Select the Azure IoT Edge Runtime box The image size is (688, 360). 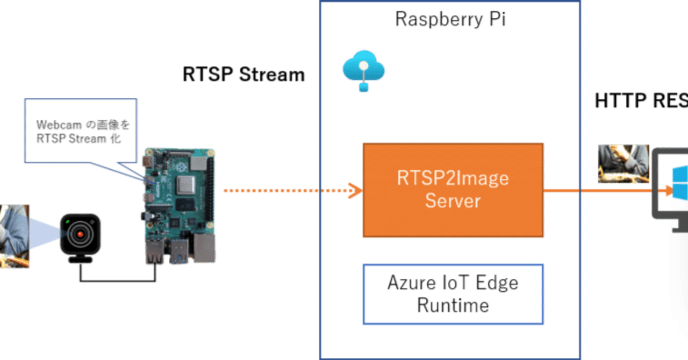click(453, 294)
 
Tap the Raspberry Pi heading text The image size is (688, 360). click(450, 19)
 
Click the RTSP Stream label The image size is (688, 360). click(244, 75)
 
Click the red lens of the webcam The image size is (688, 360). click(80, 234)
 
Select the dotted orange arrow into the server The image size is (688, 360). click(290, 190)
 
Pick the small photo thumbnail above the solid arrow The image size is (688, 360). click(624, 163)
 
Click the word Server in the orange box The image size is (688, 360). click(453, 201)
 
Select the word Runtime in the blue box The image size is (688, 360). click(453, 306)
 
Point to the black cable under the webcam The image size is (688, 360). click(118, 280)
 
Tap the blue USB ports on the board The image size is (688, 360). click(180, 251)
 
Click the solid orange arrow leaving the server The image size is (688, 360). click(602, 191)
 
